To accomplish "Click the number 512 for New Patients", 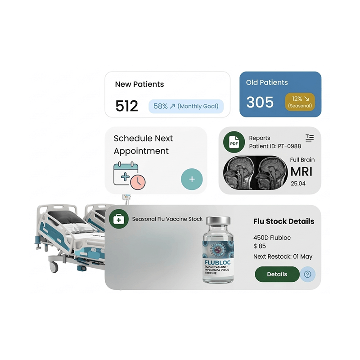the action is tap(126, 106).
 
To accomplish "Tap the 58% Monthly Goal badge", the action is tap(186, 106).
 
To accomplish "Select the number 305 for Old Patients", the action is tap(260, 102).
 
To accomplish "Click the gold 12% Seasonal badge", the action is tap(300, 102).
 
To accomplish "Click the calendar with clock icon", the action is tap(129, 175).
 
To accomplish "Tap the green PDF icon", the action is tap(234, 142).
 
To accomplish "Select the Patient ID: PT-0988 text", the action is tap(275, 146).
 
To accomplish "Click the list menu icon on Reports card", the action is tap(310, 138).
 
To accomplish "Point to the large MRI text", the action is tap(301, 171).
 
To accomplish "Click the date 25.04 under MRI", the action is tap(298, 184).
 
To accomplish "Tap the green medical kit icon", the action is tap(119, 219).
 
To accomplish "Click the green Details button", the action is tap(277, 274).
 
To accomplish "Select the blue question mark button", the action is tap(307, 274).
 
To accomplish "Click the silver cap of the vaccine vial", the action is tap(218, 220).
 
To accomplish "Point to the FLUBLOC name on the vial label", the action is tap(218, 262).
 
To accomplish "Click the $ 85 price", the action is tap(260, 246).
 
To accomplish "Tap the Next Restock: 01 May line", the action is tap(283, 256).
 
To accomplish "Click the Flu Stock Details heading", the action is tap(284, 221).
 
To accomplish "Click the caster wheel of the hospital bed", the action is tap(54, 267).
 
